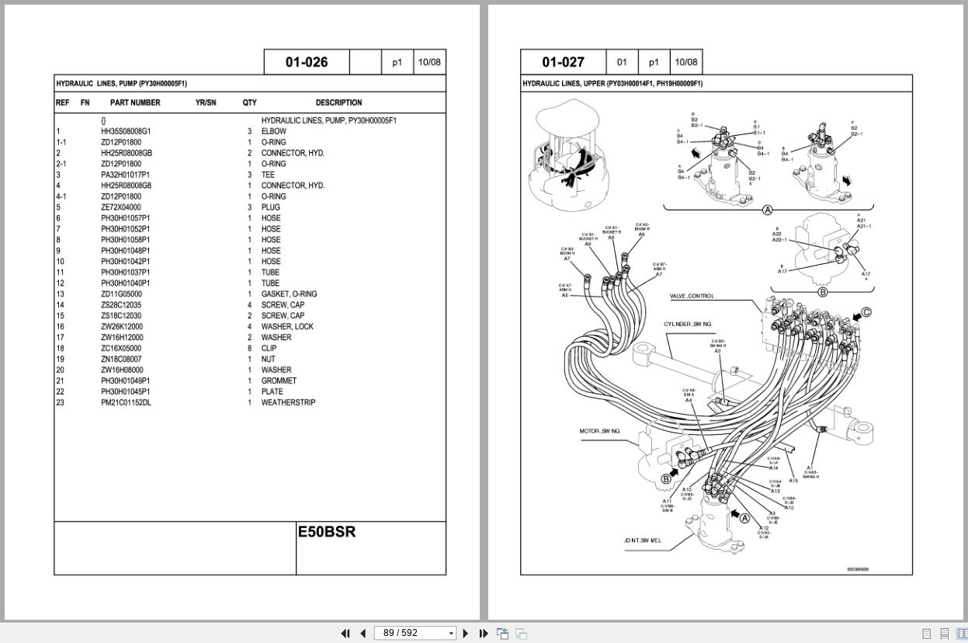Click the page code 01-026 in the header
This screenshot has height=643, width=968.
pyautogui.click(x=307, y=62)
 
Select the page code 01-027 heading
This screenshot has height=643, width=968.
pyautogui.click(x=563, y=62)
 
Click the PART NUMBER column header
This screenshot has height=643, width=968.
pyautogui.click(x=135, y=103)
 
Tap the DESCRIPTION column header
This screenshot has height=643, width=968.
pyautogui.click(x=338, y=103)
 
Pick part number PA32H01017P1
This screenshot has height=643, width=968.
pyautogui.click(x=125, y=175)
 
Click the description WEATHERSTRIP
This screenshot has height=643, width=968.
pyautogui.click(x=288, y=403)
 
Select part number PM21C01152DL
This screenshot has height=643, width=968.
pyautogui.click(x=126, y=403)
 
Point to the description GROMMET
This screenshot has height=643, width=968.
pyautogui.click(x=279, y=381)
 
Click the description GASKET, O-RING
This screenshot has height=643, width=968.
pyautogui.click(x=289, y=294)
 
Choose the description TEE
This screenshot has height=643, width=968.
pyautogui.click(x=268, y=175)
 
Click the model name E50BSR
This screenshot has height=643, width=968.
pyautogui.click(x=327, y=532)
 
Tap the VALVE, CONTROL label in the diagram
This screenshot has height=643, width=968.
pyautogui.click(x=692, y=296)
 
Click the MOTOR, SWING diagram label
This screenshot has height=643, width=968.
pyautogui.click(x=599, y=431)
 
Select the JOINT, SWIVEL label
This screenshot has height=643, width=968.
pyautogui.click(x=642, y=540)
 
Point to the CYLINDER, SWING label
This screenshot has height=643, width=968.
pyautogui.click(x=687, y=324)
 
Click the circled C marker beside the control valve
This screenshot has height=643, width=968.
pyautogui.click(x=866, y=313)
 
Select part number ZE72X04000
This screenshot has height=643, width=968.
pyautogui.click(x=121, y=207)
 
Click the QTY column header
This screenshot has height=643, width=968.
pyautogui.click(x=249, y=103)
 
